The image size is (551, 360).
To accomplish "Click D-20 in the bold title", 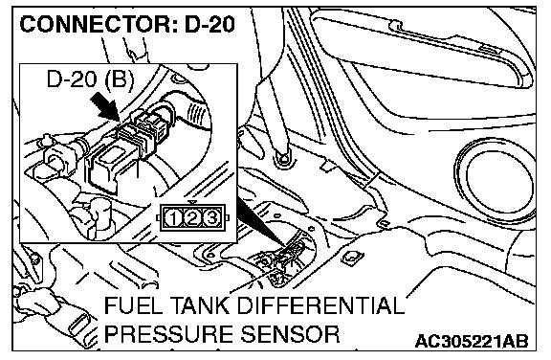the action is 209,25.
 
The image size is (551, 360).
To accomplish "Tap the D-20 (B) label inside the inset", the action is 90,79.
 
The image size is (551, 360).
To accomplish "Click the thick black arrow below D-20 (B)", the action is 105,108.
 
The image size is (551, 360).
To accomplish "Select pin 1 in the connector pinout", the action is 173,218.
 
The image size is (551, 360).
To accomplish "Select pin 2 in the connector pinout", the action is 192,218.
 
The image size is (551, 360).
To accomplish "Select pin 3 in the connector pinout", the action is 211,218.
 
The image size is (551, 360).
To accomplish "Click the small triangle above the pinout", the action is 192,203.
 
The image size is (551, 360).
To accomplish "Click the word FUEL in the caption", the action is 126,305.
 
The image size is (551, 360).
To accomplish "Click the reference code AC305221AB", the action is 472,341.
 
